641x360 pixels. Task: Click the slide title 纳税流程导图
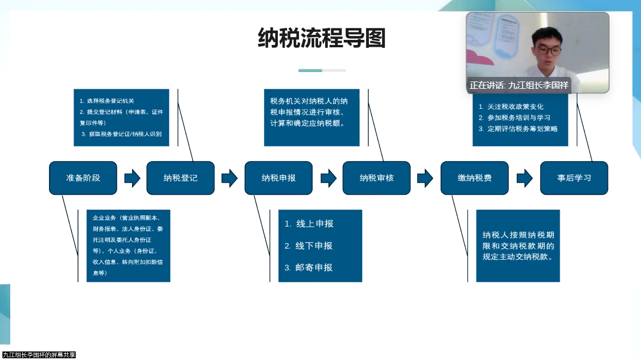322,38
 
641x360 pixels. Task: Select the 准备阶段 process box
83,178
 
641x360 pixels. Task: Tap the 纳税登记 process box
180,178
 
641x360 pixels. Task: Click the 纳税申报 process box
278,178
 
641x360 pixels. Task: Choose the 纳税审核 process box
376,178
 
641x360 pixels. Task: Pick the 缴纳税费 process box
475,178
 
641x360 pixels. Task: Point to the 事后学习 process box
574,178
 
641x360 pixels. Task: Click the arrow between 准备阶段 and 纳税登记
132,178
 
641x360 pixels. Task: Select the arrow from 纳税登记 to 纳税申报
229,178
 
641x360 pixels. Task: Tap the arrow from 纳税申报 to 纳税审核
328,178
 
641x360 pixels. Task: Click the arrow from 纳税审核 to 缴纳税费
425,178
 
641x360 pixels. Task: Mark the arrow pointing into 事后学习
524,178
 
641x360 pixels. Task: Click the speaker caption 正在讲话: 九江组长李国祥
518,85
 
